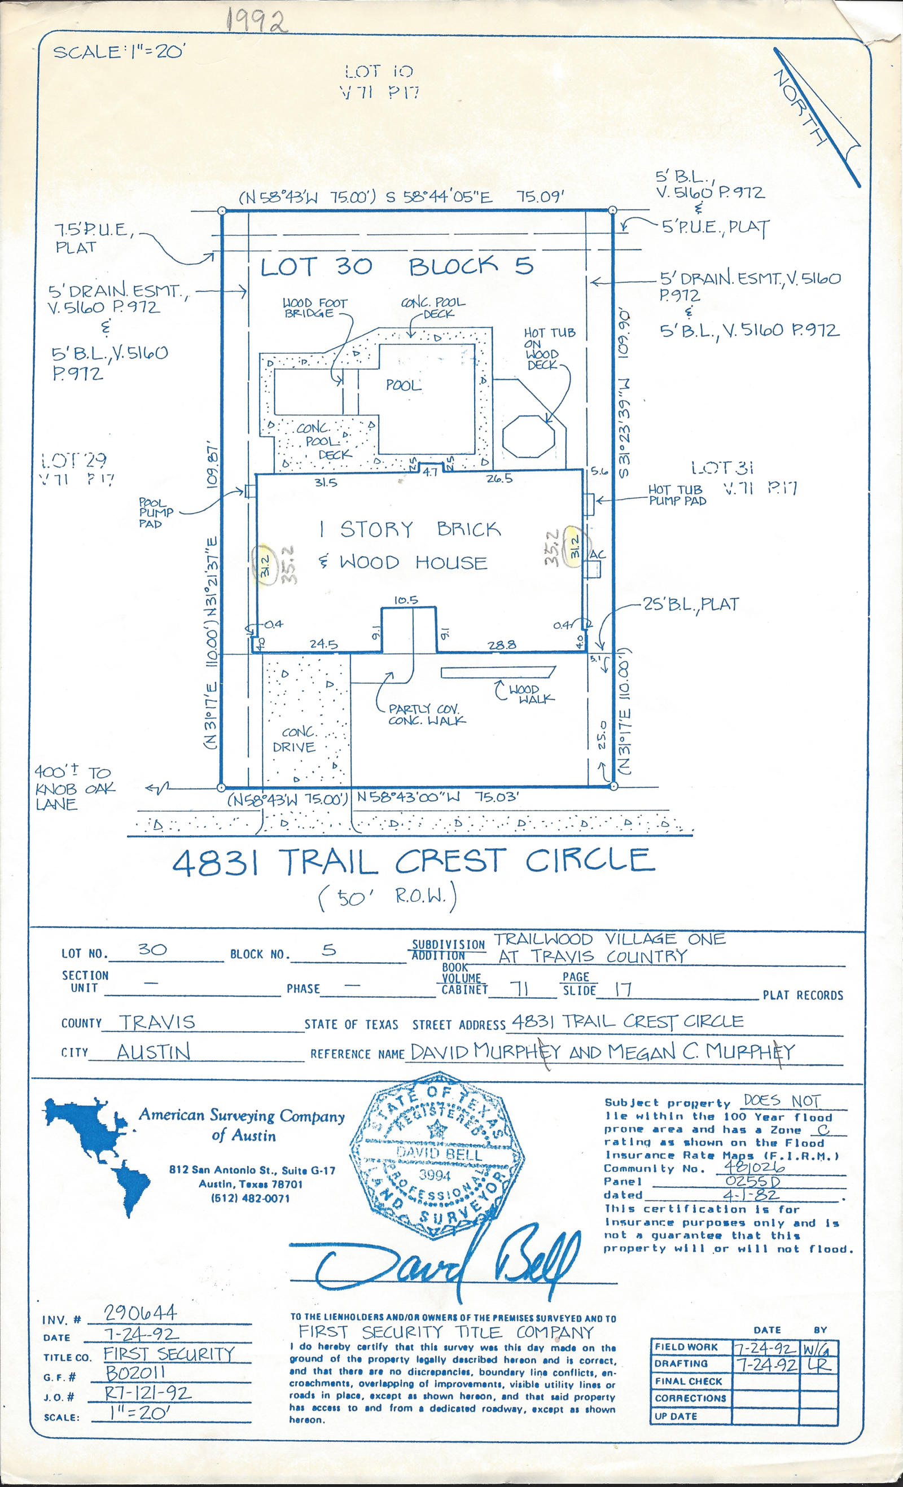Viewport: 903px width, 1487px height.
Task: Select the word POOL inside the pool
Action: pos(403,385)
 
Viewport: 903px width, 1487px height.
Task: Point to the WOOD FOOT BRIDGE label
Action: pos(315,308)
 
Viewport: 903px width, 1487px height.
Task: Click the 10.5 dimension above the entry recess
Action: pos(406,600)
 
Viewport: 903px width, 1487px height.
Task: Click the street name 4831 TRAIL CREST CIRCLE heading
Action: pos(414,861)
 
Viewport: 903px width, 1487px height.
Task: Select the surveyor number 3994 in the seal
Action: pos(435,1175)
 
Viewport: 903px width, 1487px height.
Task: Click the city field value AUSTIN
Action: pos(154,1052)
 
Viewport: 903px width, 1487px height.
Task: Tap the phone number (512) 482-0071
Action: pos(250,1198)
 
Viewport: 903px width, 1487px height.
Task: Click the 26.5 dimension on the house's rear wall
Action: pos(500,479)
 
